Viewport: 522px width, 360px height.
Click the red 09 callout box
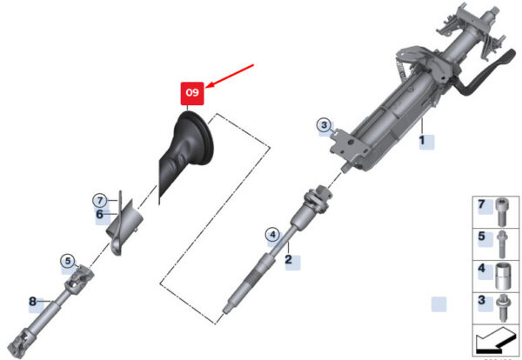pos(192,94)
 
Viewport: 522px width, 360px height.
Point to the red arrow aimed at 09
pos(230,77)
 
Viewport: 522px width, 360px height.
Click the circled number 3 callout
pos(324,125)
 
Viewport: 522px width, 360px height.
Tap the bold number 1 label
pos(422,140)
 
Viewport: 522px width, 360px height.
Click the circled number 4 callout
pos(272,235)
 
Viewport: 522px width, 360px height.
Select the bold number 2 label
pos(288,259)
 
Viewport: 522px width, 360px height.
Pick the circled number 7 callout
pos(100,201)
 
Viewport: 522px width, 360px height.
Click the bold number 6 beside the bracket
pos(99,214)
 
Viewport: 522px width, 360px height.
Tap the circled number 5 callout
pos(68,261)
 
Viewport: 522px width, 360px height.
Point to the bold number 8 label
pos(33,302)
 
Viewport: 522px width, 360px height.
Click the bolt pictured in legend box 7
pos(501,212)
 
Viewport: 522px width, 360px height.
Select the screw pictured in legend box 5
pos(502,244)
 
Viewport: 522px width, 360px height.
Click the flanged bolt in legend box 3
pos(502,309)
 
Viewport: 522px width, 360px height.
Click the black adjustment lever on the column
pos(486,73)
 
